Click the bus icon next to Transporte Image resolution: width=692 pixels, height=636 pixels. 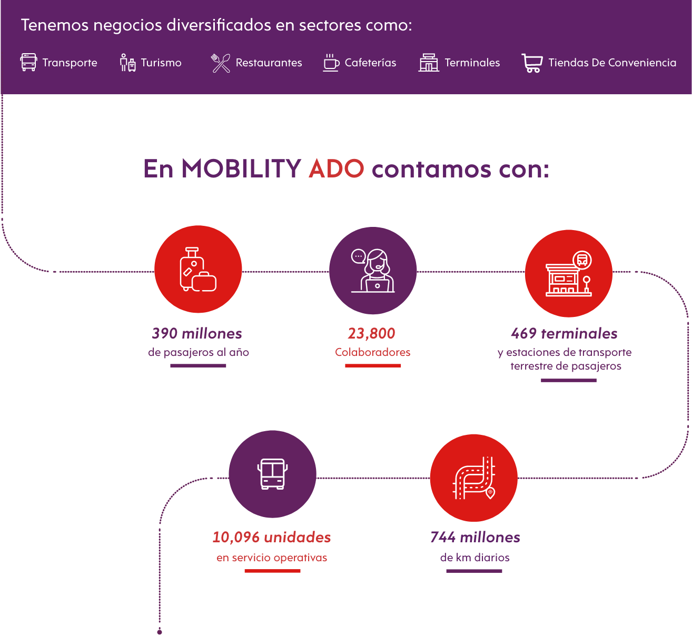click(x=28, y=62)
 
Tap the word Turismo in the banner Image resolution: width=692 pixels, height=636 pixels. click(x=161, y=63)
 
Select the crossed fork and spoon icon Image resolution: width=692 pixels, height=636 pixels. click(x=221, y=63)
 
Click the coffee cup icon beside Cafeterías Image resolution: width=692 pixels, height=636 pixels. click(x=331, y=63)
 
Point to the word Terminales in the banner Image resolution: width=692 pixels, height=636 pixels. click(x=472, y=63)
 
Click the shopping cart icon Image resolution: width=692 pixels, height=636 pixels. click(x=532, y=63)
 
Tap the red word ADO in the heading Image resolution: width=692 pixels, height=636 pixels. click(x=336, y=169)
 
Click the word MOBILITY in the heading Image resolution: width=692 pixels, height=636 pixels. click(x=242, y=169)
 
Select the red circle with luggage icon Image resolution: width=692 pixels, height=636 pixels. click(x=198, y=270)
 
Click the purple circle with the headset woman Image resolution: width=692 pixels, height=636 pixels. click(x=373, y=271)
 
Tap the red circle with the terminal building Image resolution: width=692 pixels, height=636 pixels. click(x=569, y=273)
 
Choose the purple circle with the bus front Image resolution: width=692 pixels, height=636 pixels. click(x=272, y=474)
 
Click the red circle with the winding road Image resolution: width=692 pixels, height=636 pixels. click(x=474, y=478)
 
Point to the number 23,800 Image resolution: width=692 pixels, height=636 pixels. click(x=371, y=333)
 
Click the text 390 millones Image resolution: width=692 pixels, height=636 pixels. click(x=197, y=333)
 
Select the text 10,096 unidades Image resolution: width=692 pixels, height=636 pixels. click(x=272, y=537)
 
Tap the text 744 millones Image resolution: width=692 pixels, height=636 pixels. click(x=475, y=537)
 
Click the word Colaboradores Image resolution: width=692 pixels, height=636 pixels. click(x=373, y=352)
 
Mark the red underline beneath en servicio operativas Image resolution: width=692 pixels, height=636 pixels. click(x=272, y=571)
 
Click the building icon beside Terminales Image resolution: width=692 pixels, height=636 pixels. click(x=429, y=63)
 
